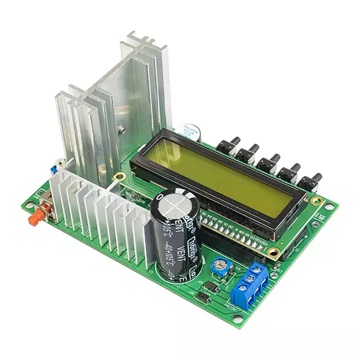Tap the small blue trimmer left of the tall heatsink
point(54,168)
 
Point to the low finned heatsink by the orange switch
point(105,216)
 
